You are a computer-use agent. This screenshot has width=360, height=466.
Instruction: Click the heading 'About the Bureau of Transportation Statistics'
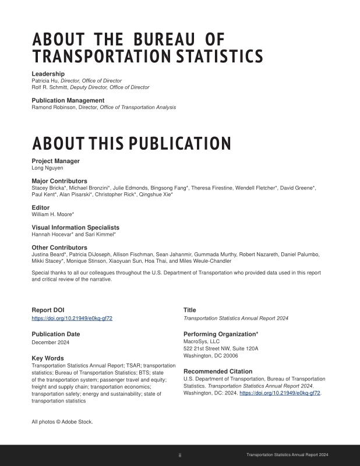click(x=147, y=48)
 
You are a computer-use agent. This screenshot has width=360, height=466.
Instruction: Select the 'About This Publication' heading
click(x=131, y=143)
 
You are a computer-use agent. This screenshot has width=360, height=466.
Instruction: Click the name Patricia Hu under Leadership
click(x=44, y=80)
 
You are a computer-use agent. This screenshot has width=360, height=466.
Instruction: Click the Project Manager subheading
click(x=55, y=161)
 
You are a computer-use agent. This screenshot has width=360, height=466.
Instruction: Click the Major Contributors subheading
click(x=59, y=181)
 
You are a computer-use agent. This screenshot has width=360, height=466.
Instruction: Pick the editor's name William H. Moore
click(x=52, y=214)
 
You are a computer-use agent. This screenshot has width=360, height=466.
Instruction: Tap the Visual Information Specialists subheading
click(x=75, y=228)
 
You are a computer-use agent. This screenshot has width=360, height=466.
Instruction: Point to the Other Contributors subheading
click(x=59, y=248)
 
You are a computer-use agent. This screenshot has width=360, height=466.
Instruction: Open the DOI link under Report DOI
click(x=72, y=318)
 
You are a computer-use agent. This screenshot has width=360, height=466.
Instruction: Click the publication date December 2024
click(x=51, y=342)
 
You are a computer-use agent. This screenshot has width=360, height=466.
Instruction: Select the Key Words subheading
click(x=48, y=358)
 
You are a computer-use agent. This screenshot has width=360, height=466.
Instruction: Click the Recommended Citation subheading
click(x=218, y=371)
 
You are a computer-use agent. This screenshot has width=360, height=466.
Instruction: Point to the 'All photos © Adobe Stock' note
click(x=62, y=421)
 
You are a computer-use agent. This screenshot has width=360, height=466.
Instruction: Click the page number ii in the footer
click(x=179, y=454)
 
